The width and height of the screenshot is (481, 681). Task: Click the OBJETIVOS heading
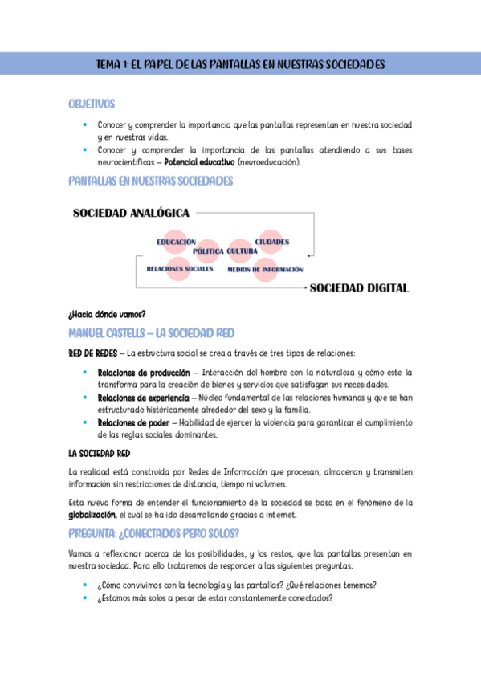pos(92,104)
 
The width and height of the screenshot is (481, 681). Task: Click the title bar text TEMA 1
pos(240,63)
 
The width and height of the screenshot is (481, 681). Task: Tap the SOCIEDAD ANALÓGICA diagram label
pos(131,214)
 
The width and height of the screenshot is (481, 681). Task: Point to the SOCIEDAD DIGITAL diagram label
pos(360,287)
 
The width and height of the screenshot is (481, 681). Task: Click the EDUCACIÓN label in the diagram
pos(176,242)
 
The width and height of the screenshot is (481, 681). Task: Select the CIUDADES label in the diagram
pos(272,242)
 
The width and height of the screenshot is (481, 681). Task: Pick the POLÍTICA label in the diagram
pos(208,251)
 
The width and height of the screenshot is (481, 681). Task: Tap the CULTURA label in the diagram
pos(242,251)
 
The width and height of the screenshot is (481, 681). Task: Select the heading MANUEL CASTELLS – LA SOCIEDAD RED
pos(152,332)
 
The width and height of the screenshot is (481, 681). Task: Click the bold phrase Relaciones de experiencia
pos(143,398)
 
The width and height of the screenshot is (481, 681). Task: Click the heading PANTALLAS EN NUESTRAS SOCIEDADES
pos(150,181)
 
